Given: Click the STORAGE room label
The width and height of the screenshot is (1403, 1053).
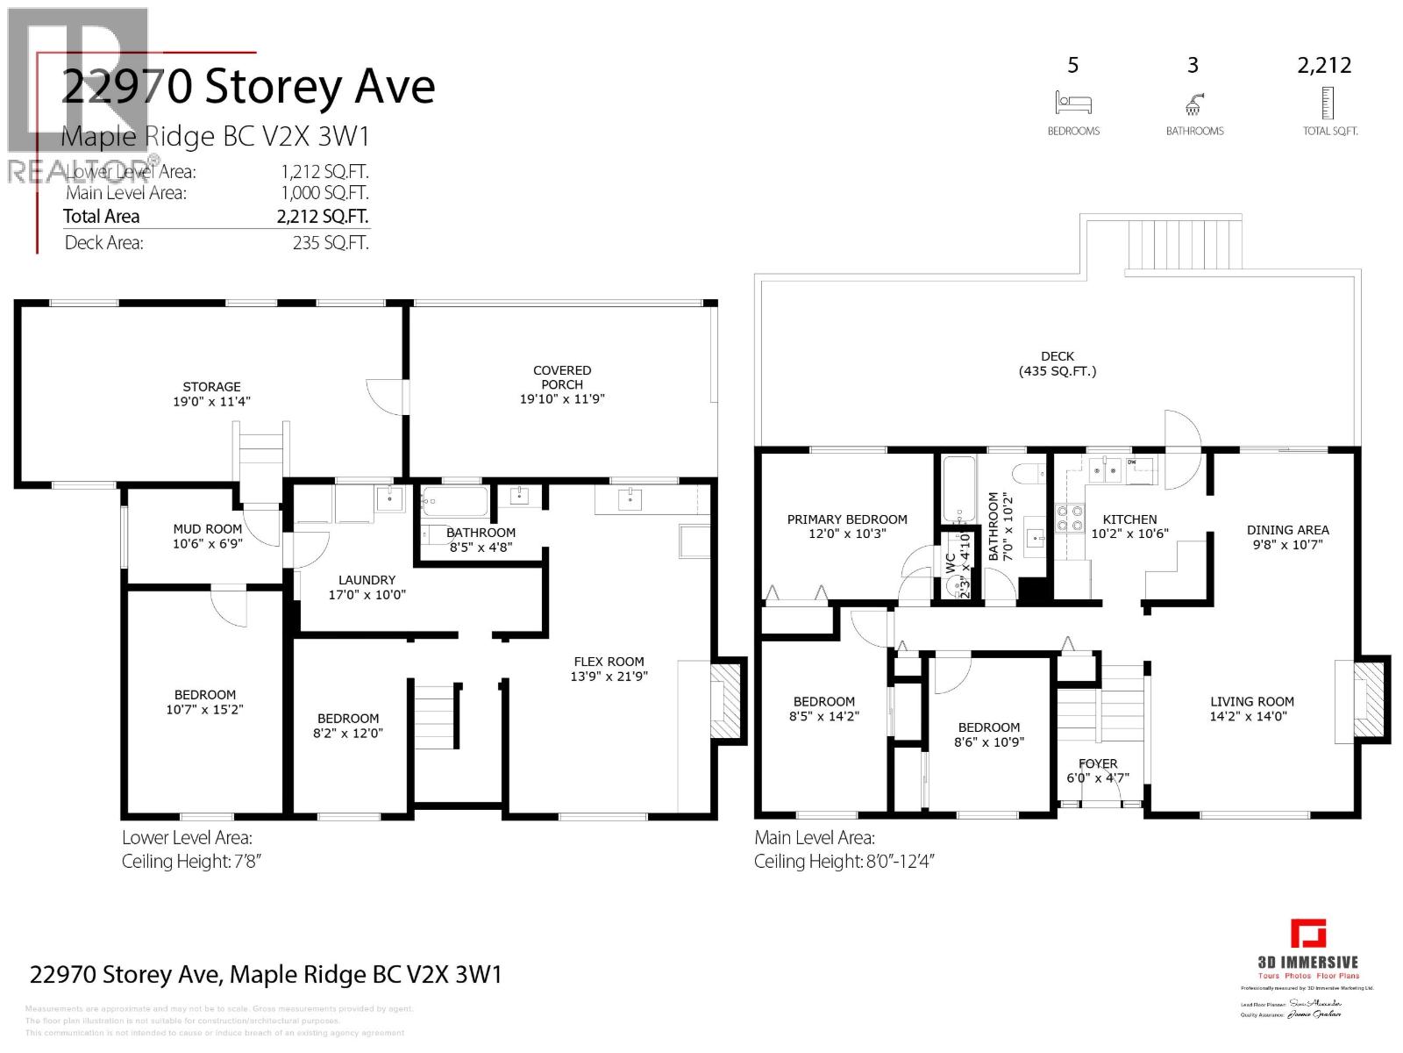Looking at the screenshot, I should [211, 386].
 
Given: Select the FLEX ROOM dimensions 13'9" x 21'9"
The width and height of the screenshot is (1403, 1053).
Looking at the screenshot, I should [609, 676].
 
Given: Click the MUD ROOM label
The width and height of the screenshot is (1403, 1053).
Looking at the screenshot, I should [207, 528].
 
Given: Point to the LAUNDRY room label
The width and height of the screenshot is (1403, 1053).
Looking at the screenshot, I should [367, 579].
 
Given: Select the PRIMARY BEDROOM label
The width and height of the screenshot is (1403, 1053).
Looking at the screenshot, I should [847, 519].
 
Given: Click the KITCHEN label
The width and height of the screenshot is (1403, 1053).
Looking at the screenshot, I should [1129, 519].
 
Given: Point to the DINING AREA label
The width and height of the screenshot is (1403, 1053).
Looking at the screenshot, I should [1287, 529].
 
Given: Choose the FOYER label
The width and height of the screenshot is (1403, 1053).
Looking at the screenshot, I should [1098, 763].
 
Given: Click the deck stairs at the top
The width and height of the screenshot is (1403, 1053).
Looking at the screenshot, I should [1164, 245].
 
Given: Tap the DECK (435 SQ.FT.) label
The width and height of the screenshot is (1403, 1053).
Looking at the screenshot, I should [1058, 363].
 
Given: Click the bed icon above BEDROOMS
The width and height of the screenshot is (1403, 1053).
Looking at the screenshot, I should [1073, 103].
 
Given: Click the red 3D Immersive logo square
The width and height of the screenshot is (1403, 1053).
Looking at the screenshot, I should [1308, 934].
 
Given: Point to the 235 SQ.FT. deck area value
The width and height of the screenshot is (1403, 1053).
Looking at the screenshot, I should [331, 243].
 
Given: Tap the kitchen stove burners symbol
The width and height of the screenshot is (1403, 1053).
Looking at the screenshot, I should [1070, 519].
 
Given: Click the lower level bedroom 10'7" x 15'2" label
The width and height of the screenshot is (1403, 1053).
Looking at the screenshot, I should [204, 702].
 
